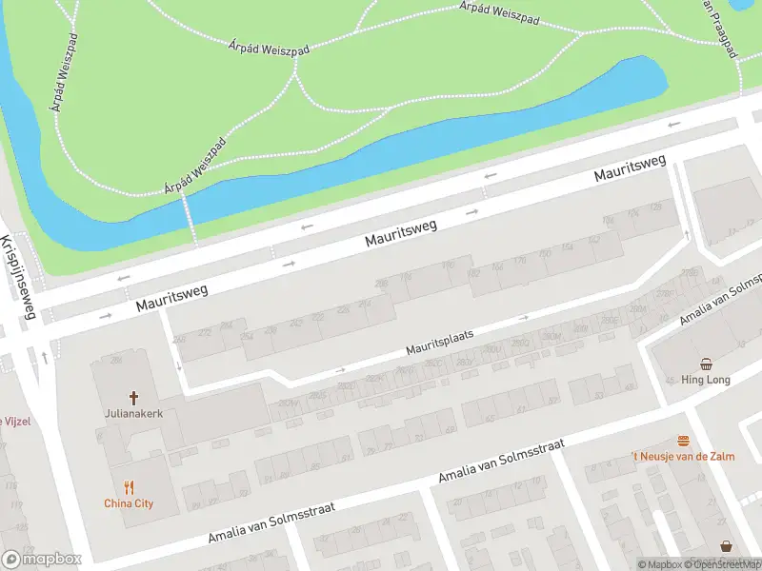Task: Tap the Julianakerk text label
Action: point(133,414)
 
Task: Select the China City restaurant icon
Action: point(129,487)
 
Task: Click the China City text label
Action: point(129,503)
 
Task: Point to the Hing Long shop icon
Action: point(706,364)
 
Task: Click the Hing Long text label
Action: point(706,380)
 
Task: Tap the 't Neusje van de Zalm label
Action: point(683,457)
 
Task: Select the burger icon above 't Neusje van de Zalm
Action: point(683,441)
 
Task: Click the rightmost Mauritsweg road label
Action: point(629,169)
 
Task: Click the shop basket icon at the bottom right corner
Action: point(727,546)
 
